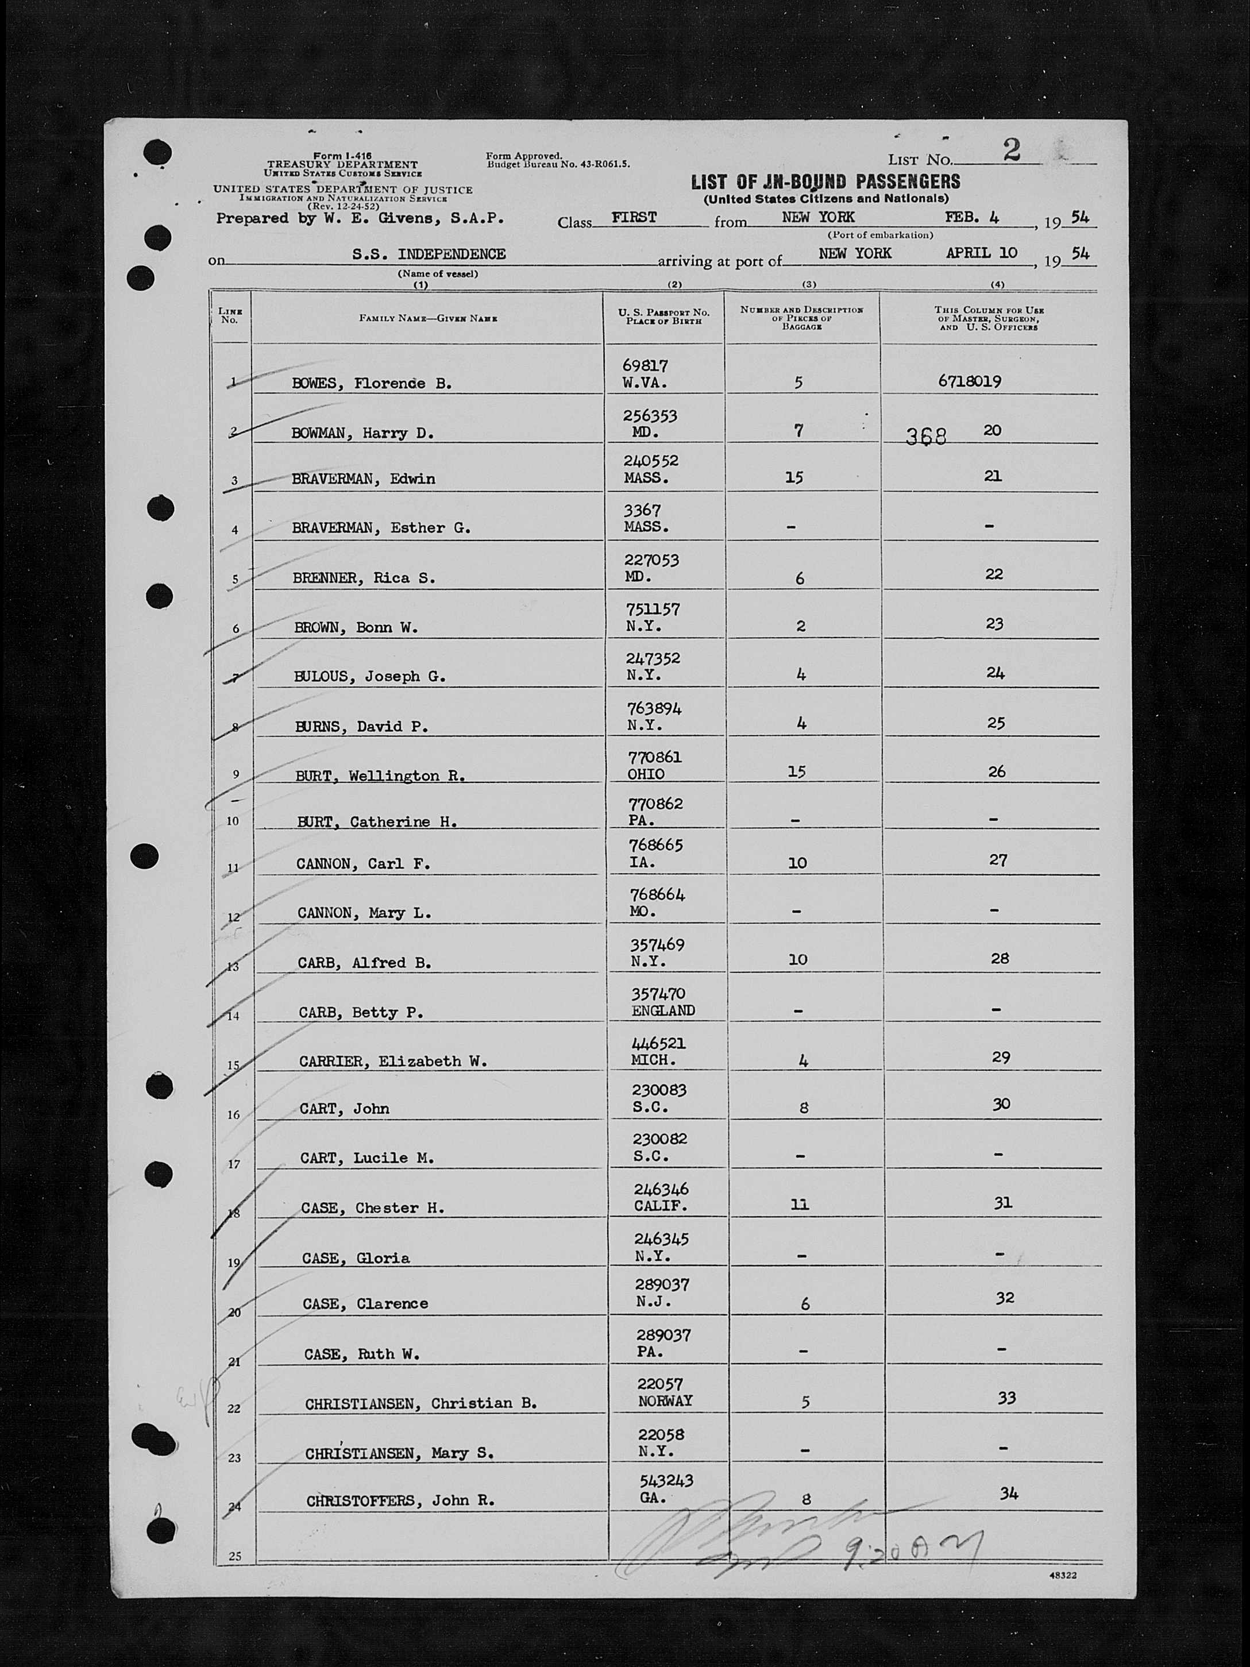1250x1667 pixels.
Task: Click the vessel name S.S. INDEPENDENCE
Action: [x=429, y=254]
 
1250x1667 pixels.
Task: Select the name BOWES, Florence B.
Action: [x=372, y=384]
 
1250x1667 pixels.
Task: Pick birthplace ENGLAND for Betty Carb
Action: [x=663, y=1010]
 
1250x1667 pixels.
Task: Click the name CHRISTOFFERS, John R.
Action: [x=400, y=1500]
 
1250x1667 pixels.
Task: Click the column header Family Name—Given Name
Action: [x=427, y=318]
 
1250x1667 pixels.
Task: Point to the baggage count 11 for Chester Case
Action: [x=800, y=1204]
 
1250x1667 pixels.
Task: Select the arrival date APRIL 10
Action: [x=981, y=253]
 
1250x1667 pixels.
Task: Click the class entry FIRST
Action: [x=634, y=218]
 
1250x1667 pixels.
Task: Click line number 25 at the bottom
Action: [x=235, y=1556]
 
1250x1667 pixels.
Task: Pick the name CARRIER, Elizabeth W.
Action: [x=392, y=1061]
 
